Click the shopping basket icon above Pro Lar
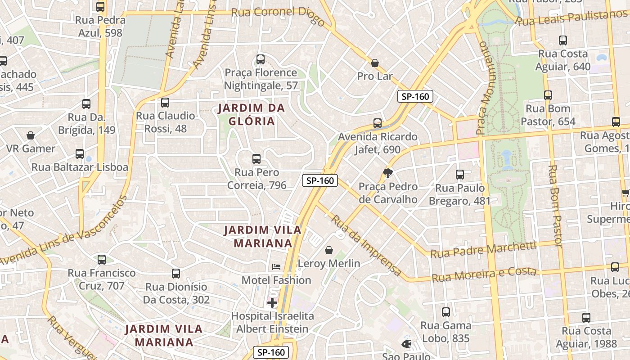pyautogui.click(x=374, y=63)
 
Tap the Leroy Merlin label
pyautogui.click(x=329, y=263)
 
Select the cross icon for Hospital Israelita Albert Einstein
pyautogui.click(x=272, y=303)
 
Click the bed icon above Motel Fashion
pyautogui.click(x=276, y=267)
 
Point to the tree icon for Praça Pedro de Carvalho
pyautogui.click(x=387, y=173)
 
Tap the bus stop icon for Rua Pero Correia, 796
pyautogui.click(x=256, y=159)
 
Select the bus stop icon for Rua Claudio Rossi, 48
pyautogui.click(x=165, y=103)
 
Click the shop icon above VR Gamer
pyautogui.click(x=31, y=135)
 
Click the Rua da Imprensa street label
pyautogui.click(x=366, y=245)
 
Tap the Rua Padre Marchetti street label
pyautogui.click(x=483, y=250)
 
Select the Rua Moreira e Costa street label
pyautogui.click(x=484, y=274)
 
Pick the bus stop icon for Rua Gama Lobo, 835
pyautogui.click(x=446, y=312)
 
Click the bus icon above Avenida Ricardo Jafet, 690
pyautogui.click(x=378, y=123)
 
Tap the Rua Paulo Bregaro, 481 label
pyautogui.click(x=459, y=194)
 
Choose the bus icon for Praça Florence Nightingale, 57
pyautogui.click(x=260, y=59)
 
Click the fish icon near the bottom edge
pyautogui.click(x=406, y=344)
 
